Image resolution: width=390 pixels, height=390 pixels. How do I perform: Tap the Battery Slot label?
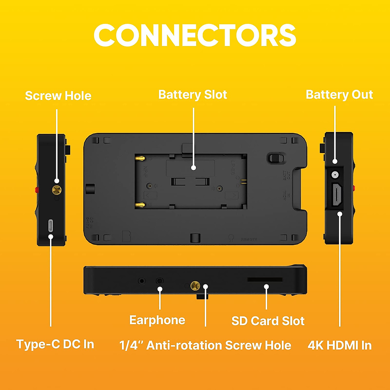point(192,95)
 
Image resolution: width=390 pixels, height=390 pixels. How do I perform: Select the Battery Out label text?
point(339,95)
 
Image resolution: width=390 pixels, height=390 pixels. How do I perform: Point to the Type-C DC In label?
point(55,344)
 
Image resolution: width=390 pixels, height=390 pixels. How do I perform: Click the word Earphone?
point(157,320)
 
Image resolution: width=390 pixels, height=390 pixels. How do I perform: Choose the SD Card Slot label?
point(268,321)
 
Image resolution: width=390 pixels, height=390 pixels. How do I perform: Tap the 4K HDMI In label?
point(340,345)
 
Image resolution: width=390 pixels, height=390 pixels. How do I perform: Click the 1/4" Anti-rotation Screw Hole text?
point(205,345)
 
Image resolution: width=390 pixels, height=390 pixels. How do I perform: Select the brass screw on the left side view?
point(57,189)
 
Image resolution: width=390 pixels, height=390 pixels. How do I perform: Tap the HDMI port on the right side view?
point(337,194)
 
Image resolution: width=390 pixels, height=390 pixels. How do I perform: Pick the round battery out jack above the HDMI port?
point(334,175)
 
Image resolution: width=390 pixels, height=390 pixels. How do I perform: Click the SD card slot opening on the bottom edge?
point(265,279)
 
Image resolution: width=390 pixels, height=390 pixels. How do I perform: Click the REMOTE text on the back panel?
point(249,239)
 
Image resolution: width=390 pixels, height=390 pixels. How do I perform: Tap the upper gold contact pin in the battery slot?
point(140,158)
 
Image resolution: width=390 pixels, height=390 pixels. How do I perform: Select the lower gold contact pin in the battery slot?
point(140,205)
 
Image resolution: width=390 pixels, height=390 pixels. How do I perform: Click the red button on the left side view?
point(37,189)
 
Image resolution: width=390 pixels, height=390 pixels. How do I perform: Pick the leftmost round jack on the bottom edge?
point(142,281)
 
